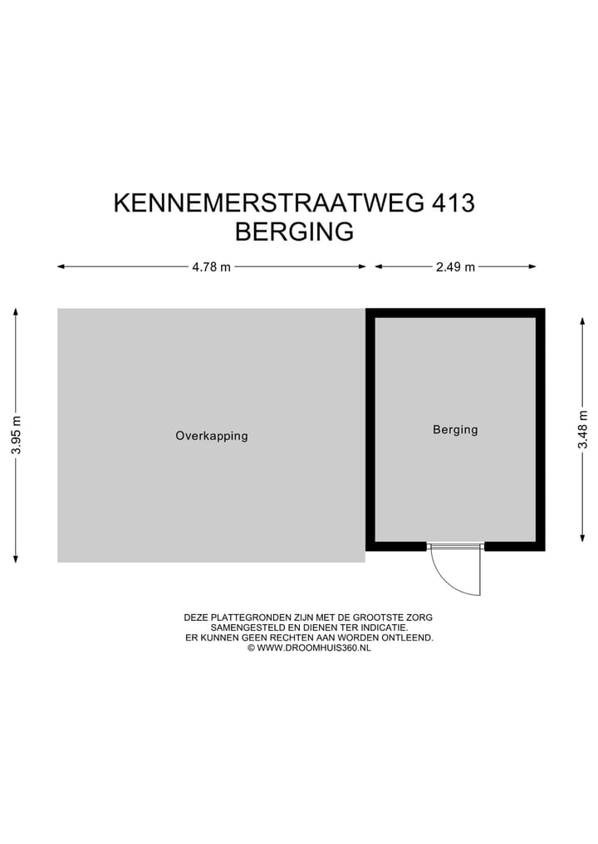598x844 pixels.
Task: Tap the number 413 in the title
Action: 453,203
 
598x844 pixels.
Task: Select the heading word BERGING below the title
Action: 294,232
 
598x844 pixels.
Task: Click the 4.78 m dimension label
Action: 211,267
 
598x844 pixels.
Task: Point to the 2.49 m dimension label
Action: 455,267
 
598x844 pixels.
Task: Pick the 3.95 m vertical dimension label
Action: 16,435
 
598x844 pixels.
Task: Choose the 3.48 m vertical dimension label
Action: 583,431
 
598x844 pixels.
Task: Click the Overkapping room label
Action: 211,436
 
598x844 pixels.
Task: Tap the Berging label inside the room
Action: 455,430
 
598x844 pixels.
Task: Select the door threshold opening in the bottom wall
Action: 455,546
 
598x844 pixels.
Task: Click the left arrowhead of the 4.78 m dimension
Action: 61,266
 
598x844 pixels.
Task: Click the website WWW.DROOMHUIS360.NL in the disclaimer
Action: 313,647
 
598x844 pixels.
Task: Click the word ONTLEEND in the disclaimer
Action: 409,637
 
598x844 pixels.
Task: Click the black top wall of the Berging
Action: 455,313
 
